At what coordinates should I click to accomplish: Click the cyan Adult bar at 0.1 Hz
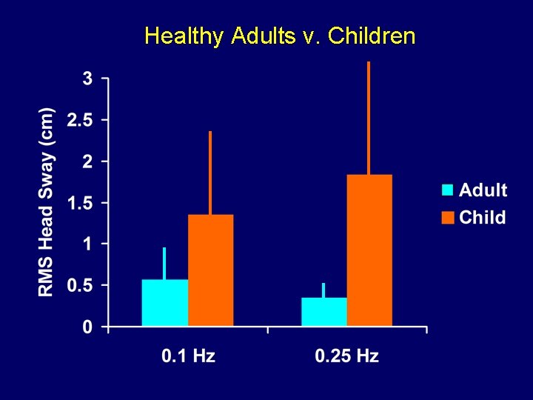(x=164, y=302)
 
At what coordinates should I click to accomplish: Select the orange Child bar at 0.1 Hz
(x=210, y=270)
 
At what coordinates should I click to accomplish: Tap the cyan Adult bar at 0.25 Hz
(x=324, y=311)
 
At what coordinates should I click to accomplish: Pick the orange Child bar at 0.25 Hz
(x=369, y=250)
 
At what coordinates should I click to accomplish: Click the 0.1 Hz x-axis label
(x=188, y=356)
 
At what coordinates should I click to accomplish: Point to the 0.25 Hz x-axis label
(x=346, y=356)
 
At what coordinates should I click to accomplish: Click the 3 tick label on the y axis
(x=87, y=79)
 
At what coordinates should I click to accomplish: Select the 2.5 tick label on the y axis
(x=79, y=120)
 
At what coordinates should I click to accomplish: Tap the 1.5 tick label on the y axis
(x=79, y=203)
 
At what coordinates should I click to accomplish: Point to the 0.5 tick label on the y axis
(x=79, y=286)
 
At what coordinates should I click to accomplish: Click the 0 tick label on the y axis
(x=87, y=327)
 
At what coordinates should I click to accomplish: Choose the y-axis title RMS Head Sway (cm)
(x=46, y=202)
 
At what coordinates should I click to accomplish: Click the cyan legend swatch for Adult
(x=447, y=190)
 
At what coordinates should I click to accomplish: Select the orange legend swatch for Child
(x=447, y=217)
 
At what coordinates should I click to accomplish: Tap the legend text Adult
(x=483, y=190)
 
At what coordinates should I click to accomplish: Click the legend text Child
(x=482, y=217)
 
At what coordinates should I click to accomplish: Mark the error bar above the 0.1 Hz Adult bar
(x=164, y=263)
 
